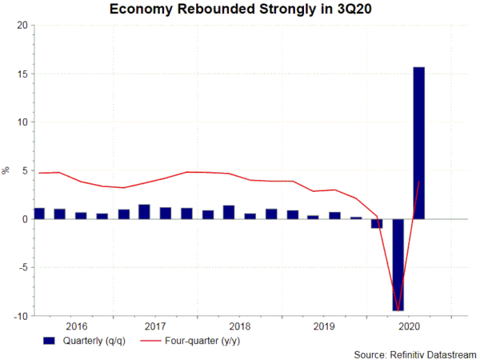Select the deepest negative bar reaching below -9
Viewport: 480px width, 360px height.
tap(398, 264)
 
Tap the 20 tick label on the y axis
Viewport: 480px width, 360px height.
tap(22, 25)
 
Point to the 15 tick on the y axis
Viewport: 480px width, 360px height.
tap(22, 74)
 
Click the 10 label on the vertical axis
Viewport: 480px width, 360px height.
tap(22, 122)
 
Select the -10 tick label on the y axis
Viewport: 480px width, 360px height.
tap(19, 316)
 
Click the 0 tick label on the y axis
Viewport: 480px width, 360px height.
tap(24, 219)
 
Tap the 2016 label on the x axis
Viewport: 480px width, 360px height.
tap(77, 326)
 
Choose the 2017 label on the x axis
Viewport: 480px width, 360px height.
tap(157, 326)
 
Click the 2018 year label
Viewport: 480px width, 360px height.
tap(240, 326)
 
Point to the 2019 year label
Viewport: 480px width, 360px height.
tap(323, 326)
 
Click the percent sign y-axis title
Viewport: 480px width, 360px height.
tap(6, 170)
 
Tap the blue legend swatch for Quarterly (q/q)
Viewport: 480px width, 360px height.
tap(50, 340)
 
